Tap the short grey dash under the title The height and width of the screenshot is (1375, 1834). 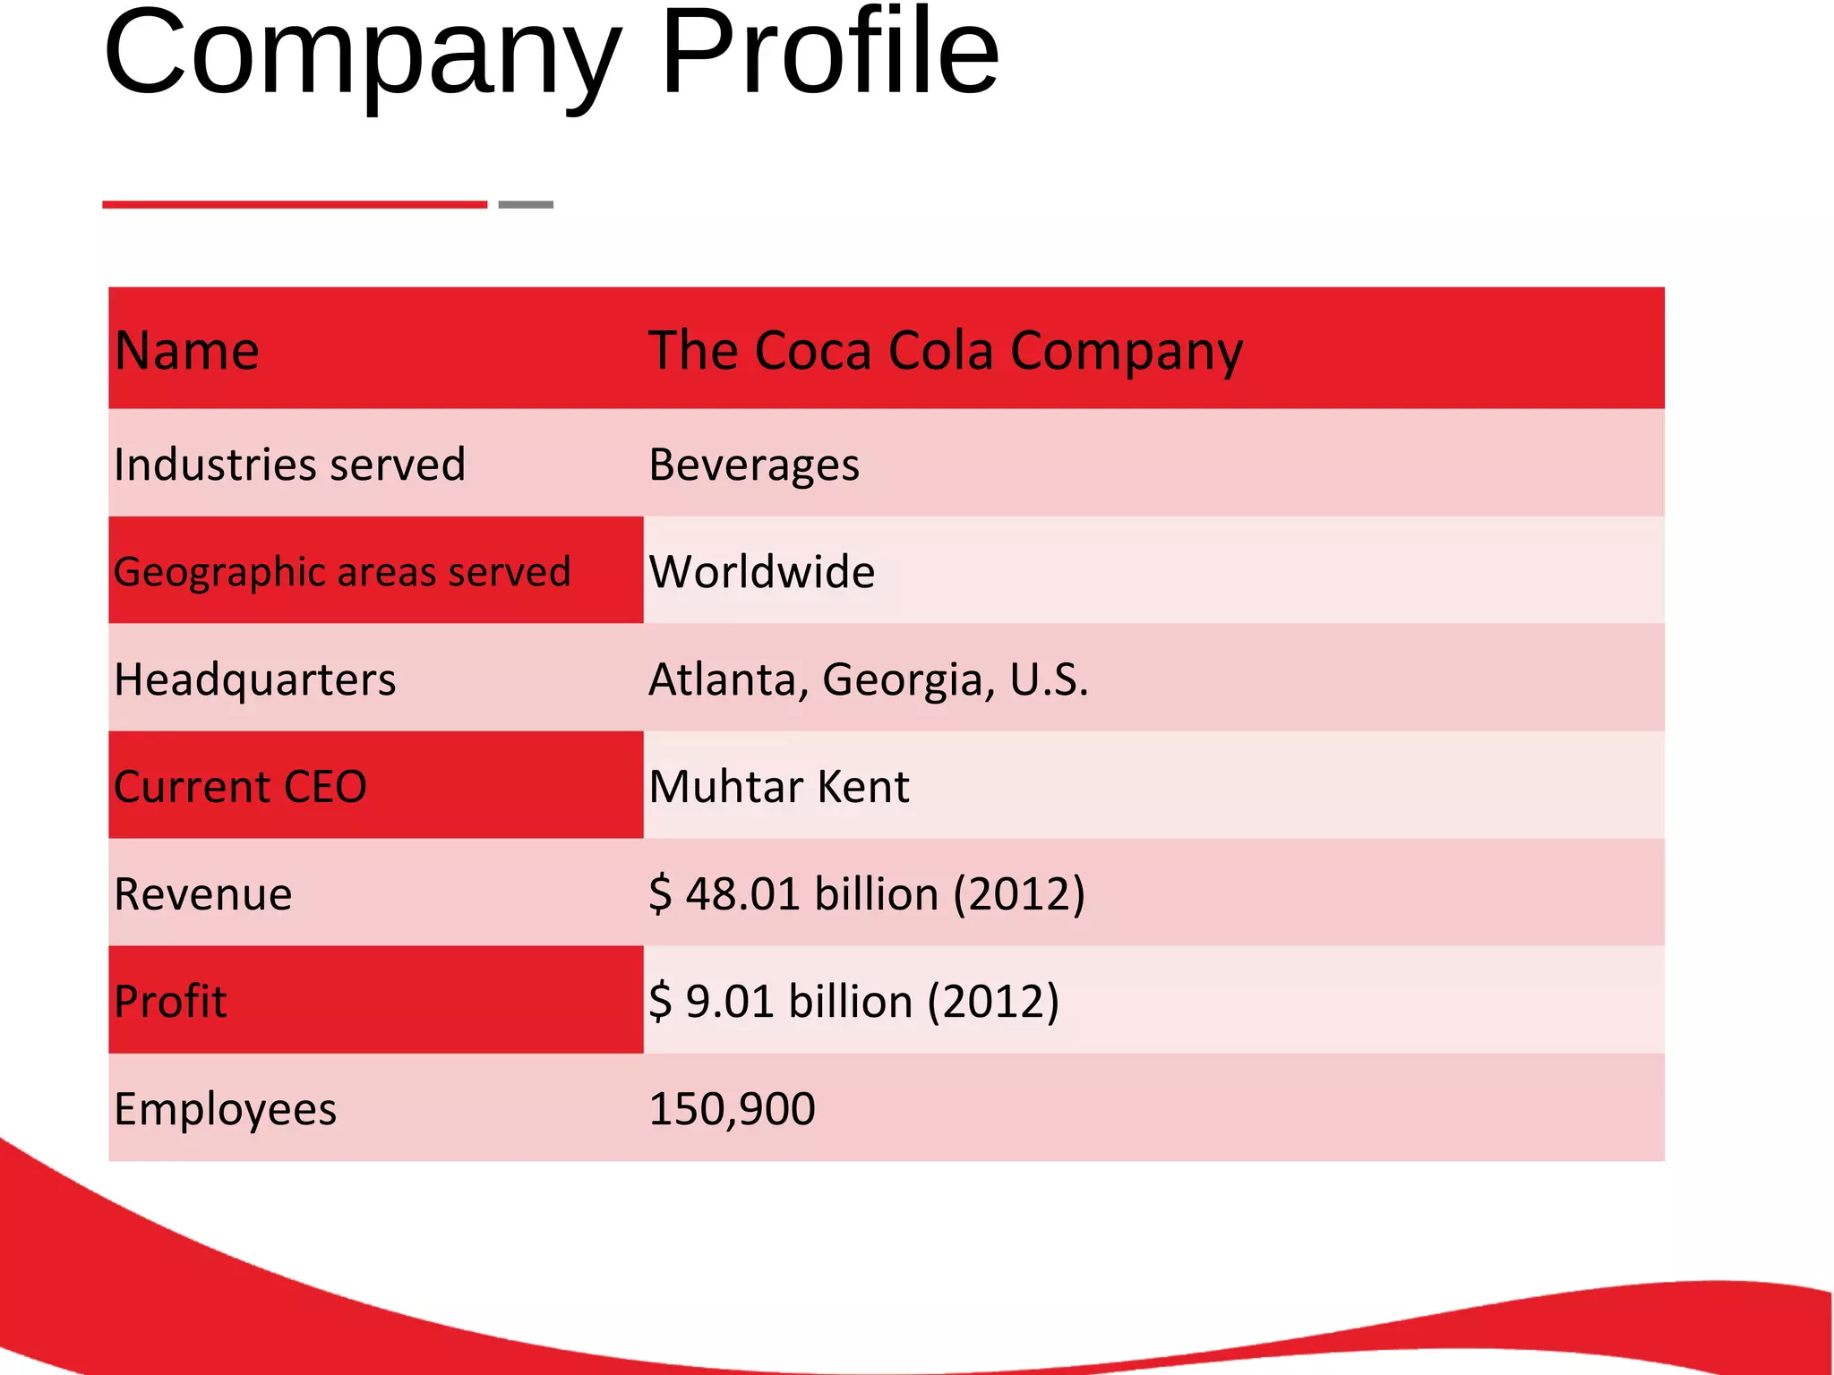[x=526, y=205]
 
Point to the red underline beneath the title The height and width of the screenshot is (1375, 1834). [x=295, y=205]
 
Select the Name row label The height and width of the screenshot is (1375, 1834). [x=186, y=350]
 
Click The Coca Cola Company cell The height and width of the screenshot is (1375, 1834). [x=946, y=351]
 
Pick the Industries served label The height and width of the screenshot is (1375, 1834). [x=290, y=465]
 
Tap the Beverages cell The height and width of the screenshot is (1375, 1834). [x=754, y=465]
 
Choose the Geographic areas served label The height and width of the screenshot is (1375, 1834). [x=342, y=572]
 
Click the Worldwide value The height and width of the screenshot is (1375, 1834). [x=762, y=572]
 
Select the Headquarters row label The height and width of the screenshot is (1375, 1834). [x=255, y=680]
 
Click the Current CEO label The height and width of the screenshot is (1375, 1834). [x=240, y=787]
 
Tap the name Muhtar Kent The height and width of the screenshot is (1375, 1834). [x=779, y=787]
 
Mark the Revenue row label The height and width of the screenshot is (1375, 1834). [x=203, y=894]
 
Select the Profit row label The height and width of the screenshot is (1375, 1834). [x=170, y=1001]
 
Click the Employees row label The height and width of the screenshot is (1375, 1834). [x=226, y=1110]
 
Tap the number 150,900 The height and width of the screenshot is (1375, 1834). [x=733, y=1109]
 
